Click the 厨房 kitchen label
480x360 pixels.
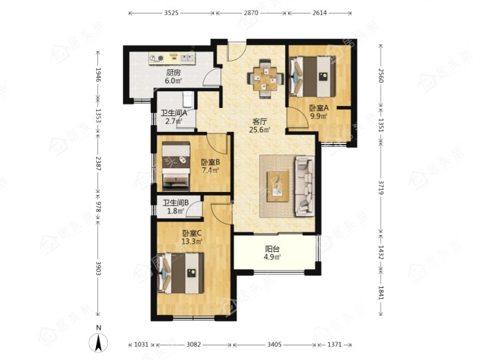[173, 73]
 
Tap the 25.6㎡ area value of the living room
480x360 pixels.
[260, 129]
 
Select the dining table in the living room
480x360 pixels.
[265, 79]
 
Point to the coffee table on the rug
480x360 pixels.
[277, 186]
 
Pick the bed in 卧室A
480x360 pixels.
[312, 76]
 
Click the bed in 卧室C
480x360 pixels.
[180, 273]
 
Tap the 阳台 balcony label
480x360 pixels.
[272, 249]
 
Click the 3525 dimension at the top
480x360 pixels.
[171, 13]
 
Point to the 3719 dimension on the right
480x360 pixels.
[380, 187]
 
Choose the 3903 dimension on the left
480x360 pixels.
[98, 268]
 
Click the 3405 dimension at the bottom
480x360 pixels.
[274, 344]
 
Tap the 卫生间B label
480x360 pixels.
[175, 203]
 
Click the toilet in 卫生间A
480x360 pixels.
[186, 100]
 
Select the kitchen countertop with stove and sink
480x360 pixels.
[172, 58]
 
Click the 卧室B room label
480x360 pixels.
[210, 162]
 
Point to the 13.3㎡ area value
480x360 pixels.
[191, 241]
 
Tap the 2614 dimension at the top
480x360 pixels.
[320, 13]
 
